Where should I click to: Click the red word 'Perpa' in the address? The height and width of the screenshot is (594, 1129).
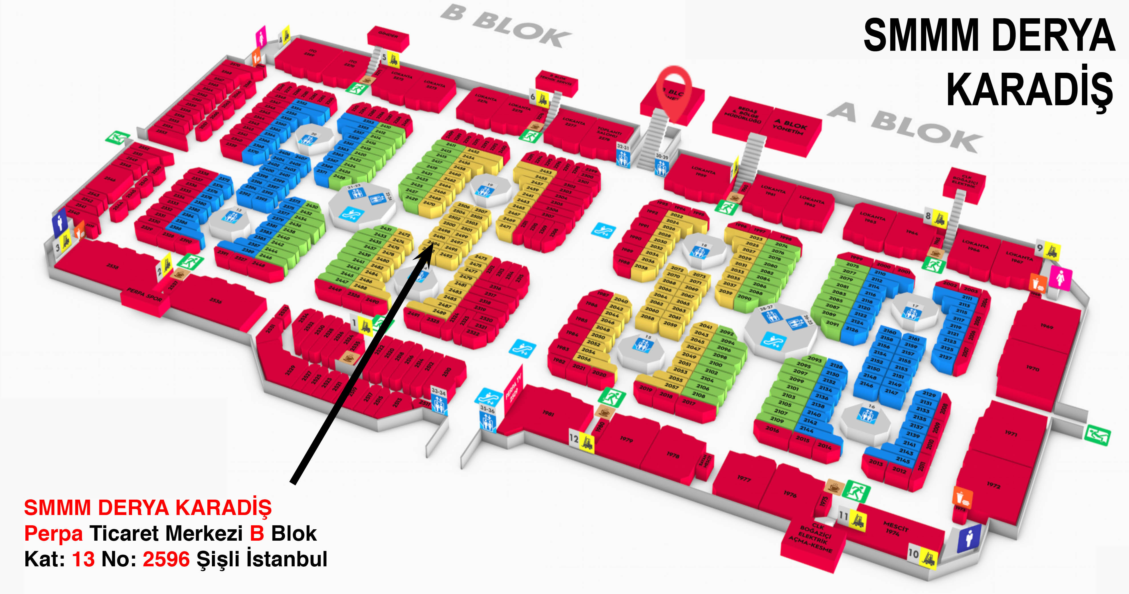tap(53, 534)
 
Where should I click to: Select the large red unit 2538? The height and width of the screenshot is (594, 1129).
tap(112, 266)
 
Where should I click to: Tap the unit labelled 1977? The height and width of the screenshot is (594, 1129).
tap(744, 478)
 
